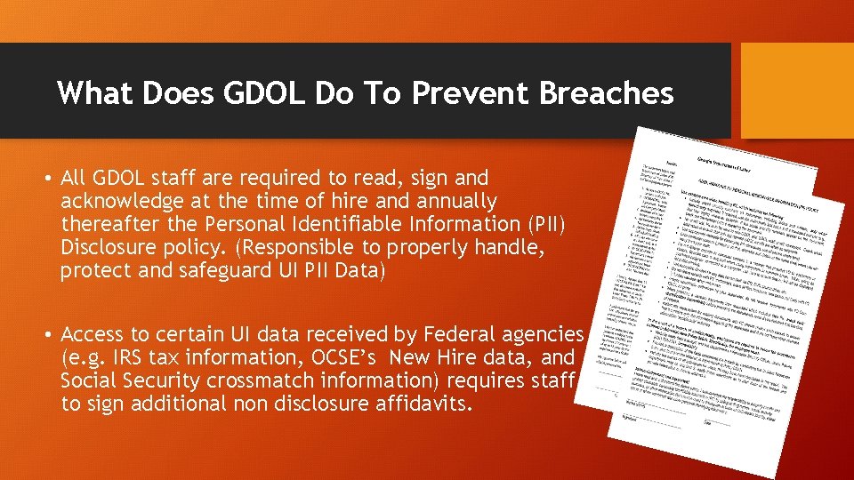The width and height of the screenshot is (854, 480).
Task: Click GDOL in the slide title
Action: pos(275,92)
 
